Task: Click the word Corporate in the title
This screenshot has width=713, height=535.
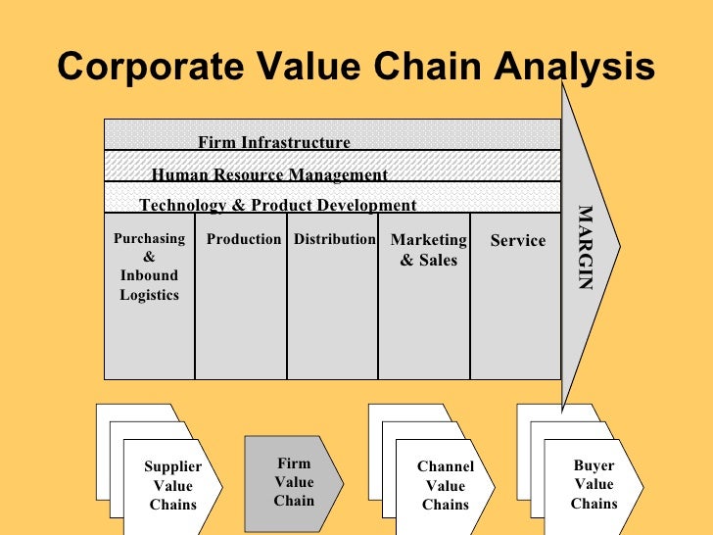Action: pyautogui.click(x=143, y=68)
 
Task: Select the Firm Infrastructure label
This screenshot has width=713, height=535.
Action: pyautogui.click(x=273, y=142)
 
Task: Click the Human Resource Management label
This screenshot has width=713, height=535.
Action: pyautogui.click(x=269, y=175)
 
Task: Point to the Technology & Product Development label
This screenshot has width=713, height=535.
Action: pyautogui.click(x=277, y=205)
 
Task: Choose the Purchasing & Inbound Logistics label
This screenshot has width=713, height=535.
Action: pyautogui.click(x=149, y=267)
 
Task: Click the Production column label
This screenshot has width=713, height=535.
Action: pyautogui.click(x=244, y=239)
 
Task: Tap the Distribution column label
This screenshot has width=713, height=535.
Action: pyautogui.click(x=334, y=239)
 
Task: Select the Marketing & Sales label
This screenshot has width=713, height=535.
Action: pyautogui.click(x=428, y=250)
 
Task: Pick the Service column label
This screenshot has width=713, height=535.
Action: pyautogui.click(x=517, y=240)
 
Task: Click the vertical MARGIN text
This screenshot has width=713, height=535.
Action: pyautogui.click(x=585, y=247)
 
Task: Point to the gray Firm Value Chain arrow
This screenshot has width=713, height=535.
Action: pyautogui.click(x=294, y=482)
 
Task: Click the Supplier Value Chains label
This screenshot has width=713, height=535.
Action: pyautogui.click(x=172, y=486)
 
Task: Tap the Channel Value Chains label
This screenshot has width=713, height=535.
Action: pyautogui.click(x=445, y=486)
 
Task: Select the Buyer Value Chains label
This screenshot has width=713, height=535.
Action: pyautogui.click(x=594, y=484)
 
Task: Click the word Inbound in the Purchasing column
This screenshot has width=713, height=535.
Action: pyautogui.click(x=149, y=275)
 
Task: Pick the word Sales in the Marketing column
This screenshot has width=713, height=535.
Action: pyautogui.click(x=439, y=261)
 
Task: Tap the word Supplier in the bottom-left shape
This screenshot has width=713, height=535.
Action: pyautogui.click(x=172, y=467)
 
